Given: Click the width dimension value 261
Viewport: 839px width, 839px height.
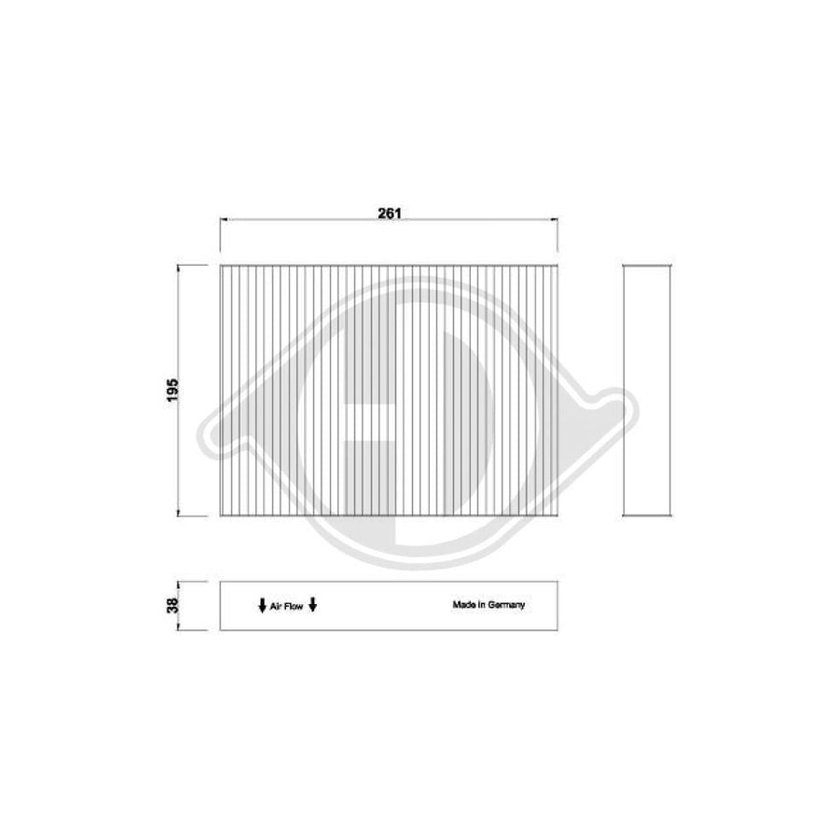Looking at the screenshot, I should (x=389, y=213).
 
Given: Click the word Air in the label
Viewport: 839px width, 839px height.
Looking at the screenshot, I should (x=276, y=606).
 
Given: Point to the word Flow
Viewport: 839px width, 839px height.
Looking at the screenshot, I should (x=294, y=606).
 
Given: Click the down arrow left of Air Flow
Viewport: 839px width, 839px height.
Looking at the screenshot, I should (x=262, y=606).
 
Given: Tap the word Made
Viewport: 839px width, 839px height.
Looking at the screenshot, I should (x=464, y=604).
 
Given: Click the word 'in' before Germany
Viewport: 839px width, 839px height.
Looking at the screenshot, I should (x=484, y=604).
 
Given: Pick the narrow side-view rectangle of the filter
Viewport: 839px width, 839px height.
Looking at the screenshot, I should (x=646, y=390).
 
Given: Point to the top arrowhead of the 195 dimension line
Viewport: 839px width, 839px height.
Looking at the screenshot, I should (x=179, y=267).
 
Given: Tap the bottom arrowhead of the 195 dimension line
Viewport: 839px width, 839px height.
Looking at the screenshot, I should (x=179, y=513).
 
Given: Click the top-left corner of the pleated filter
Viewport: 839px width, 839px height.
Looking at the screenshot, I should (x=219, y=265).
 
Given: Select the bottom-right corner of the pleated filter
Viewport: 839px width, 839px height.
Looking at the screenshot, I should (x=558, y=516).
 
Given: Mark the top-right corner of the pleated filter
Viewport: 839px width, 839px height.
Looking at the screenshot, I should (x=558, y=265).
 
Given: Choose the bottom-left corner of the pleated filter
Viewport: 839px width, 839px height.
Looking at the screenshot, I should (x=219, y=516).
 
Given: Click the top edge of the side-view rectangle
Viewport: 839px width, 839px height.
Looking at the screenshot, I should (x=646, y=265).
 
